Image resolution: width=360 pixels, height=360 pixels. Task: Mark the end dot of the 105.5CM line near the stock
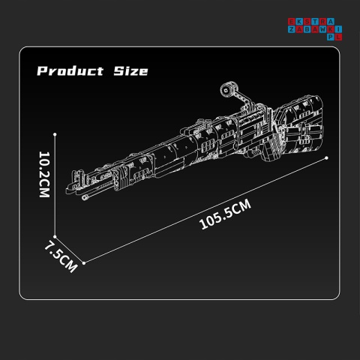click(x=327, y=157)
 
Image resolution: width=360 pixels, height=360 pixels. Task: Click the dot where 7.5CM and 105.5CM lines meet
click(x=84, y=262)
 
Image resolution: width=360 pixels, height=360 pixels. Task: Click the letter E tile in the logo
click(x=292, y=21)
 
